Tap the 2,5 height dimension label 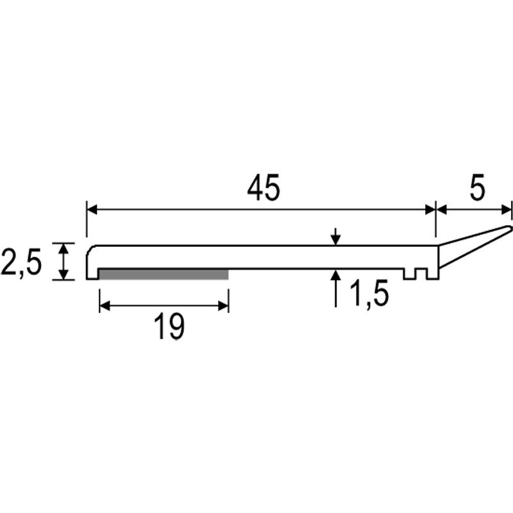click(21, 262)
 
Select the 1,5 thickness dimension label click(369, 294)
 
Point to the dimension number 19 click(169, 326)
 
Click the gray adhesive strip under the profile click(164, 274)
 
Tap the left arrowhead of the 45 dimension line click(92, 210)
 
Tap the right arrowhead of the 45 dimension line click(430, 210)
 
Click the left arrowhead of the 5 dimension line click(442, 210)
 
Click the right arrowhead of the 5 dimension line click(506, 210)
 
